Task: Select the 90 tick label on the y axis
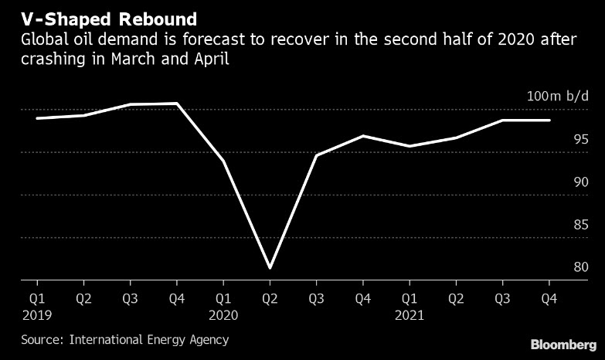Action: click(x=581, y=182)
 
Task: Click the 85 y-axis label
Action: click(x=581, y=225)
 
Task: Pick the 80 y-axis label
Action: click(x=581, y=267)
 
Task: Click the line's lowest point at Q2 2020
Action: click(x=270, y=268)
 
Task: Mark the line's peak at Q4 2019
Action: click(x=177, y=104)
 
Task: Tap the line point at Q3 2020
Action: click(x=316, y=155)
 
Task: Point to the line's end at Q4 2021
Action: click(x=549, y=121)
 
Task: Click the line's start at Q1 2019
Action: click(x=37, y=118)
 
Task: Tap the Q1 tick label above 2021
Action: click(x=410, y=297)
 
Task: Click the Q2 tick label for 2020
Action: click(x=270, y=297)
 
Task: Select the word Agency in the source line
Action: click(x=209, y=339)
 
